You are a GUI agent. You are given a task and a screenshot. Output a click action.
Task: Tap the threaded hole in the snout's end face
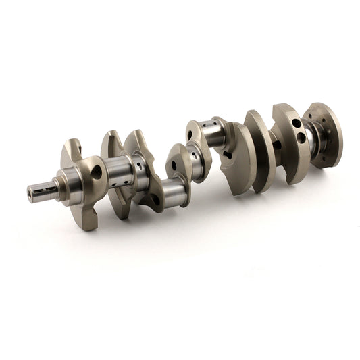click(30, 193)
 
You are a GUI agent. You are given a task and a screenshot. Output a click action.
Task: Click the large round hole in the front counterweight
click(97, 172)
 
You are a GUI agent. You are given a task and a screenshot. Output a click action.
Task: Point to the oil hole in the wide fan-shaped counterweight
click(227, 155)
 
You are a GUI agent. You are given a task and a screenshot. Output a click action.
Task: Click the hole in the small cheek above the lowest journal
click(174, 164)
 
